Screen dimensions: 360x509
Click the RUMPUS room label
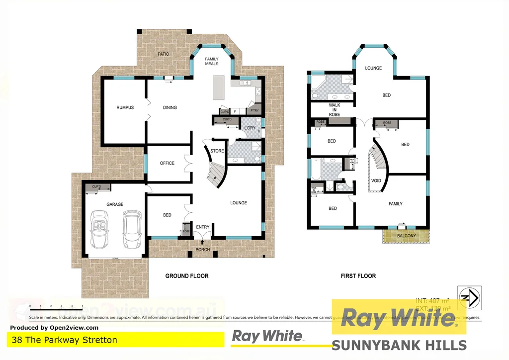click(125, 107)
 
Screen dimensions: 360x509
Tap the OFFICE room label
click(167, 163)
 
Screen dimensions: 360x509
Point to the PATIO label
click(164, 54)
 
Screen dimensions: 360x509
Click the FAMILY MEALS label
click(212, 62)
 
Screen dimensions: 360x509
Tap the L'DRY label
click(249, 128)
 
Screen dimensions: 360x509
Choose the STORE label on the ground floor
click(217, 151)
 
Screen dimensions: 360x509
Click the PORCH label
click(202, 250)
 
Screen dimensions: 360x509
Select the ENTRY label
click(203, 227)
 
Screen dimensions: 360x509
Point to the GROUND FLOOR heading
click(186, 275)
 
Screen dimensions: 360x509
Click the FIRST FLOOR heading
click(358, 275)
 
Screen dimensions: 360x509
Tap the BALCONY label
click(407, 236)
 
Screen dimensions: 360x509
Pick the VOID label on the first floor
click(376, 180)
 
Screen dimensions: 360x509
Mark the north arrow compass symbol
click(468, 297)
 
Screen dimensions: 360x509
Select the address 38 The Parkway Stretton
click(64, 340)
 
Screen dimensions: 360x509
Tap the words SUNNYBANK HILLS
click(399, 345)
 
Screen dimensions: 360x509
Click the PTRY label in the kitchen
click(254, 111)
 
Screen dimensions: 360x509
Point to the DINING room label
click(170, 107)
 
